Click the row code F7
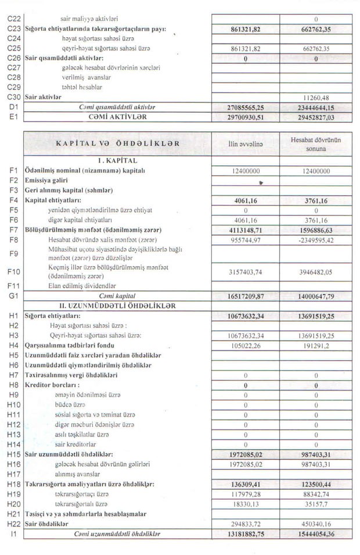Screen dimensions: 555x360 13,230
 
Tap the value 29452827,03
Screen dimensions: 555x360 315,117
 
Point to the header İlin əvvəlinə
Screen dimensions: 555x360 246,144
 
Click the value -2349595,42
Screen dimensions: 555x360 316,239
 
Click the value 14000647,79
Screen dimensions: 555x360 315,296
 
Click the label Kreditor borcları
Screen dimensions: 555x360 52,385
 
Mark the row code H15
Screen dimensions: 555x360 13,453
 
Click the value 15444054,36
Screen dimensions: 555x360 315,533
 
